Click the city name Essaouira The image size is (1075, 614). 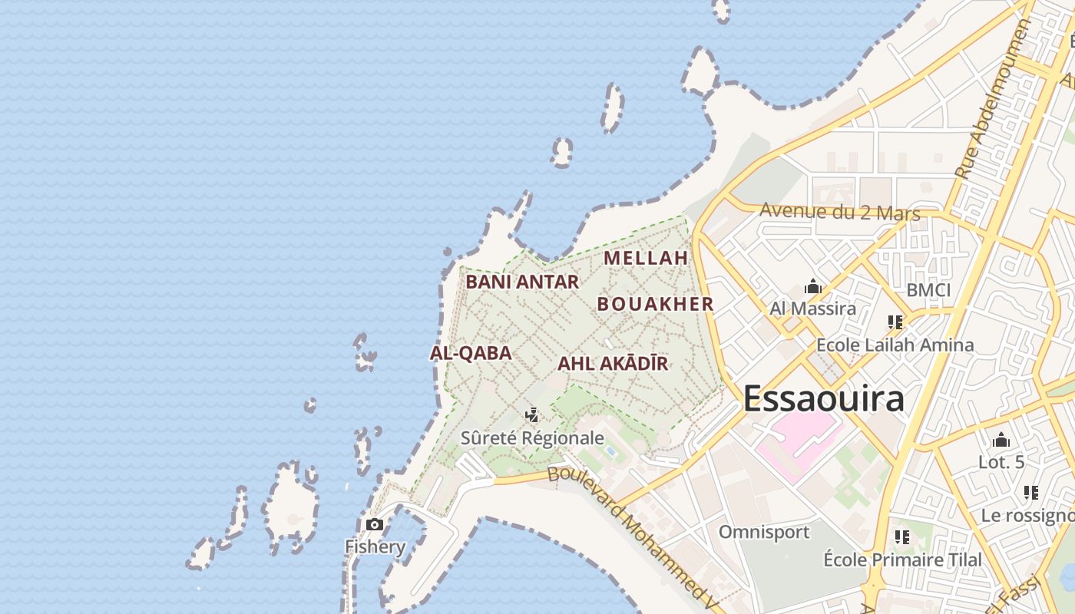[x=823, y=399]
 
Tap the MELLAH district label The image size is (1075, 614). [x=646, y=258]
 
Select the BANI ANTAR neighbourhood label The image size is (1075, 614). [x=522, y=282]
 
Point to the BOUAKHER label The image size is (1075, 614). [x=656, y=304]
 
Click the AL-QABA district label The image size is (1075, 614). [x=471, y=353]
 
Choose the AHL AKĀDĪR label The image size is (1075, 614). [x=613, y=364]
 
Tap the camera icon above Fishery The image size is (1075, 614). [x=375, y=525]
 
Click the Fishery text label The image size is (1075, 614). [x=375, y=547]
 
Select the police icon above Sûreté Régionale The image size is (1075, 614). [x=531, y=416]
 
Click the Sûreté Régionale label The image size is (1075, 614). [x=532, y=438]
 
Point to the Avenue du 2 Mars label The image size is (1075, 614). [x=839, y=212]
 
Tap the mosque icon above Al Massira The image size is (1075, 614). [x=813, y=288]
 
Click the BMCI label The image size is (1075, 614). [x=928, y=290]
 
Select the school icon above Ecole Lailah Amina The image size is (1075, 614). [x=895, y=322]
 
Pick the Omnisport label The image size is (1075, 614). [x=764, y=532]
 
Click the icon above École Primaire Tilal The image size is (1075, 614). [x=902, y=537]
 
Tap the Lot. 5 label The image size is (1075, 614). [x=1001, y=462]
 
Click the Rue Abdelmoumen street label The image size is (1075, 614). [x=994, y=100]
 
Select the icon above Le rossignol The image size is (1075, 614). [x=1031, y=493]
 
